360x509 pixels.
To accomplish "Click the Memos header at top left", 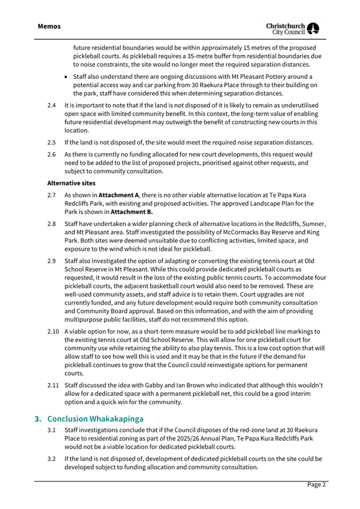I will pos(49,26).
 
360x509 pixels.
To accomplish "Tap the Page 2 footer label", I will pos(316,484).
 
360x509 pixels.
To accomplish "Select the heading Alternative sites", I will pos(75,182).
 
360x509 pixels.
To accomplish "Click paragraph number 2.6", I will pos(51,154).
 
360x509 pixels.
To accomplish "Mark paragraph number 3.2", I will pos(51,459).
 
